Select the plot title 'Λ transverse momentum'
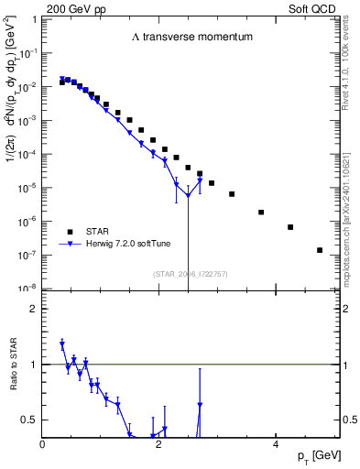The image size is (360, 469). [191, 37]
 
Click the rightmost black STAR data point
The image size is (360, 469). [320, 250]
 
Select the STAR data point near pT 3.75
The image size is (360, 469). [261, 213]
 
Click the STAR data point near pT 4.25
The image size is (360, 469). [290, 227]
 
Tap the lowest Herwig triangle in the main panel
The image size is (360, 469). [188, 195]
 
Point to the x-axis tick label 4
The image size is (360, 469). [275, 444]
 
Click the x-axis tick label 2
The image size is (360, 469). [159, 444]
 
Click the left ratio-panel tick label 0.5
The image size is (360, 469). [32, 420]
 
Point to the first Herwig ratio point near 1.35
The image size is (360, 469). [61, 344]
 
